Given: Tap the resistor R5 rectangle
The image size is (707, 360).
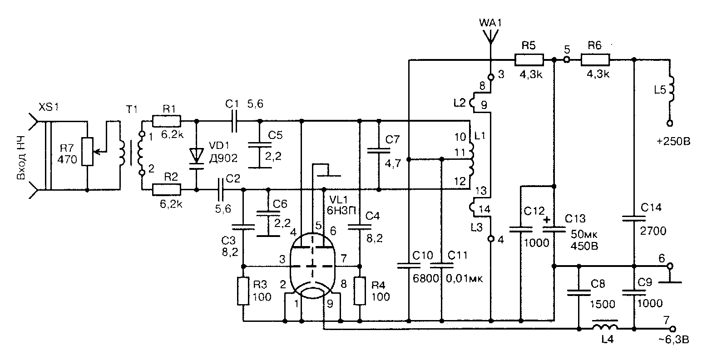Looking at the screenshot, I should [x=529, y=59].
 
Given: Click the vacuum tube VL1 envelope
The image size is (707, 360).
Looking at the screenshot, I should [x=312, y=266].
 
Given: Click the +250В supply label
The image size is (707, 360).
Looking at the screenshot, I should [x=672, y=141].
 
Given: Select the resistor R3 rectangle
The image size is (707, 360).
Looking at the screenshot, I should [x=244, y=291].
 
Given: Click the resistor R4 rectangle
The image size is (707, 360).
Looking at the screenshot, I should [x=360, y=291].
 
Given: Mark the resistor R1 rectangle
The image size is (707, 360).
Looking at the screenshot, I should [x=167, y=121].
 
